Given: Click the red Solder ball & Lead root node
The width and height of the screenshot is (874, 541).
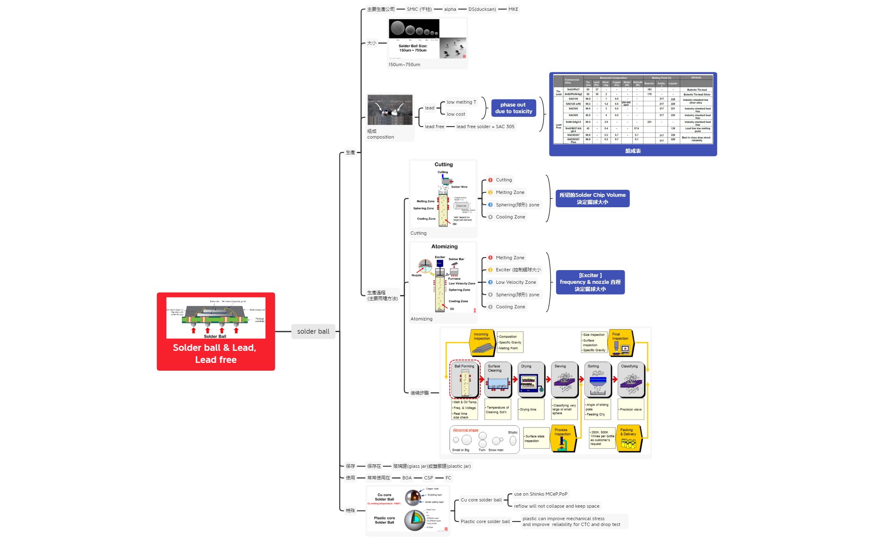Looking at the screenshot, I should [216, 331].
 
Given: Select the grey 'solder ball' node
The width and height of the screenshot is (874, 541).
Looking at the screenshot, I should [313, 331].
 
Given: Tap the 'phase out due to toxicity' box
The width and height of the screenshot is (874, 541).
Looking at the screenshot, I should [513, 108].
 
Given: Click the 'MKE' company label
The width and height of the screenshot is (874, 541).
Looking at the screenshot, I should [513, 9].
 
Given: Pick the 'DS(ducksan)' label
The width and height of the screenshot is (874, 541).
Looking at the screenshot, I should [482, 9].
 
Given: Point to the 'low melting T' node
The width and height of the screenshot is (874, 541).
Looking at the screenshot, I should [461, 102].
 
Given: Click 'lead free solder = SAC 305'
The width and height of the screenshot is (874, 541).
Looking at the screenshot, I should [485, 127].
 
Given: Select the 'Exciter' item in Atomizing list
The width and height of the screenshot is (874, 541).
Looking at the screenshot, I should [518, 270].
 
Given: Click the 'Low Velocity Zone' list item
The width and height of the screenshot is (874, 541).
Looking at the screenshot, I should [516, 282].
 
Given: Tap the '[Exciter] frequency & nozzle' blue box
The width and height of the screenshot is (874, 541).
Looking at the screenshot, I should [590, 282].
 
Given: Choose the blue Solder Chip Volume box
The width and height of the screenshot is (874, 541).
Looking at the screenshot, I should [592, 199].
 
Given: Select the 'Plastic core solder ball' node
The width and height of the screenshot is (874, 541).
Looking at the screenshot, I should [485, 521].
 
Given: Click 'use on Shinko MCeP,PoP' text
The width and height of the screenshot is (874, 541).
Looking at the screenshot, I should [540, 494].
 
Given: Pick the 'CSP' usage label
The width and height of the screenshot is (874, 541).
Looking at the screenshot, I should [428, 478].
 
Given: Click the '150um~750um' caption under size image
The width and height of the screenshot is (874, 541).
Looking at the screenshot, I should [404, 65].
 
